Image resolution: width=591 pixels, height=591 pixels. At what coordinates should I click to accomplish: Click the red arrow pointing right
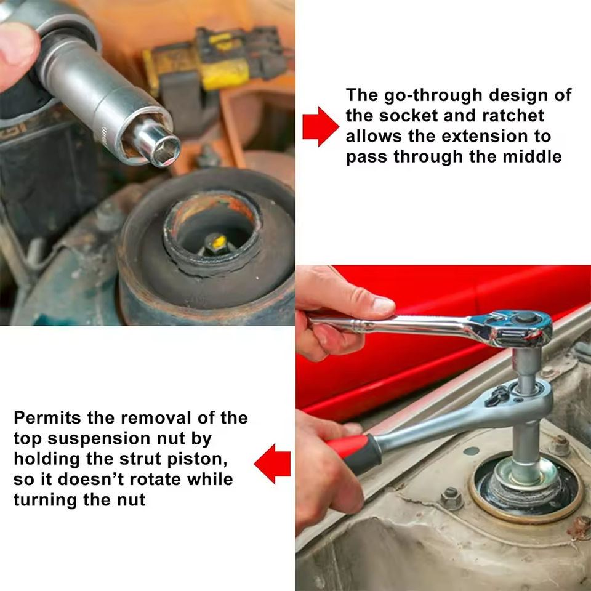[x=320, y=126]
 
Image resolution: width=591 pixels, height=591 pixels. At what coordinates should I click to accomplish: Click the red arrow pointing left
[x=273, y=464]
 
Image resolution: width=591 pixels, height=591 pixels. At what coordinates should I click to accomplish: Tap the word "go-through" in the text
[x=433, y=95]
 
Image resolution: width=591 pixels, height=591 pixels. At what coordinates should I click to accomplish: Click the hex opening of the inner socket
[x=166, y=151]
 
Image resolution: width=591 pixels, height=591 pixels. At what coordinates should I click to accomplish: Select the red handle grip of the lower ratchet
[x=355, y=452]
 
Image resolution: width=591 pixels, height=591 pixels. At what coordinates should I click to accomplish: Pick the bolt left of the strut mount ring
[x=451, y=498]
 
